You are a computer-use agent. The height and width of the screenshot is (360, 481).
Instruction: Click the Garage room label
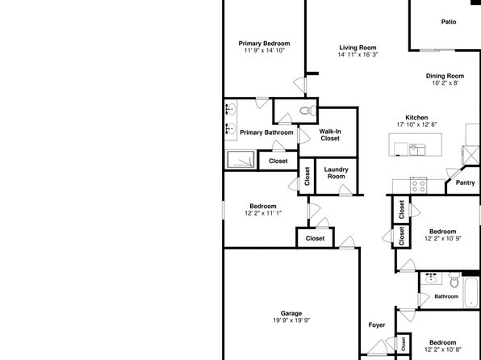point(291,313)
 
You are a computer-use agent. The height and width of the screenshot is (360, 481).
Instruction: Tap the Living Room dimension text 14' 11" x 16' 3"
point(358,55)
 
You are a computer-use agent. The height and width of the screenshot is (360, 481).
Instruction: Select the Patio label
point(449,22)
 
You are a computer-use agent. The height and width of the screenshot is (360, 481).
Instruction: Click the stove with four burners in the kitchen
point(418,186)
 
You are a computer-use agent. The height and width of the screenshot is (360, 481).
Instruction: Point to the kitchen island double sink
point(417,150)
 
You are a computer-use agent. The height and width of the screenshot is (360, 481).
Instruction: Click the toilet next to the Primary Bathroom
point(308,111)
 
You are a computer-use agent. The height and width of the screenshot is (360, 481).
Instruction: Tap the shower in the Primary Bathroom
point(240,160)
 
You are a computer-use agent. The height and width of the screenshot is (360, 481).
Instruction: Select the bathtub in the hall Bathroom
point(471,292)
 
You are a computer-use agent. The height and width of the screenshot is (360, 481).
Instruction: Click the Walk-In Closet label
point(330,135)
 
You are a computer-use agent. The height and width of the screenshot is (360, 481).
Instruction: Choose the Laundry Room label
point(337,173)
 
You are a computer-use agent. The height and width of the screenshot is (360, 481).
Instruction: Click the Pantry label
point(465,182)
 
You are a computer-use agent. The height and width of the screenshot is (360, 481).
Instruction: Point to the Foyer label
point(377,325)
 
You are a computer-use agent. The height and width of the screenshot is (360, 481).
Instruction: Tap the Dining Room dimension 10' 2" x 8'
point(445,83)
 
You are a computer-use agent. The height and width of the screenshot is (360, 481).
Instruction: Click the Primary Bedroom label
point(264,44)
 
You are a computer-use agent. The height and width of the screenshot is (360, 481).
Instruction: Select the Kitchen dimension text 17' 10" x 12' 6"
point(416,124)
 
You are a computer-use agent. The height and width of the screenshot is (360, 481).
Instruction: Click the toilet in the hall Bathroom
point(454,279)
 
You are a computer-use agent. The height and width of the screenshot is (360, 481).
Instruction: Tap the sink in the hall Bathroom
point(431,278)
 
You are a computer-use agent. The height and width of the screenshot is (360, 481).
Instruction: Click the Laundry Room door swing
point(345,190)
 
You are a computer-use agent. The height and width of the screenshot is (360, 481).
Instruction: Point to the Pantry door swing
point(454,173)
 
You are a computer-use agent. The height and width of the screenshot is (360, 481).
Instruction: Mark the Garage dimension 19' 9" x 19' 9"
point(291,320)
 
